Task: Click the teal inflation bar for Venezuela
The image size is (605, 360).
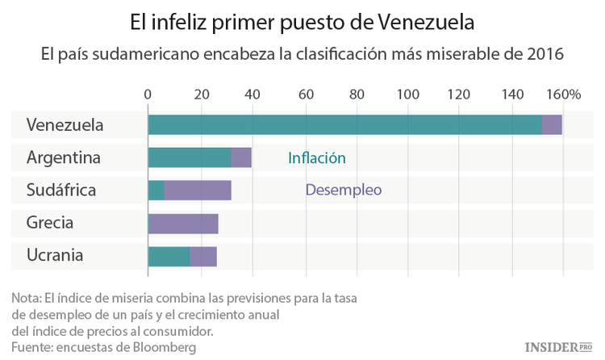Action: click(x=344, y=125)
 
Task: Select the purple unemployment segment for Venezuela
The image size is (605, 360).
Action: click(x=552, y=125)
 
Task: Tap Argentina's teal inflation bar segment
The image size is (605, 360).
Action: click(x=190, y=158)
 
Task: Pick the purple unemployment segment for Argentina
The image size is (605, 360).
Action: click(x=241, y=158)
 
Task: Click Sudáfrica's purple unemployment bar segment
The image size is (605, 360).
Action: click(x=198, y=190)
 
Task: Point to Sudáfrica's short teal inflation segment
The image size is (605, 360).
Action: click(x=156, y=190)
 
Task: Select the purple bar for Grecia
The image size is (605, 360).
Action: click(x=183, y=224)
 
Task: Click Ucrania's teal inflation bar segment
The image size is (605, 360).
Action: click(x=169, y=256)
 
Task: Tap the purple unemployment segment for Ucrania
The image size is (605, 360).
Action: click(x=203, y=256)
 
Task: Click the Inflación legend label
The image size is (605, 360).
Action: click(x=317, y=158)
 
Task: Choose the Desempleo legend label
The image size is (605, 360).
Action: click(x=343, y=190)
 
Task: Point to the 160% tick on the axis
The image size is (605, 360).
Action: click(x=564, y=94)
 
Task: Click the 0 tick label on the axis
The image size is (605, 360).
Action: click(x=148, y=94)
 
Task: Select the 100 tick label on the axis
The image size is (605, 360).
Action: click(x=407, y=94)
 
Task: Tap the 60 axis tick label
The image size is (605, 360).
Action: click(x=306, y=94)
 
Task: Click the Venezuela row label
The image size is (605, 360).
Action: click(x=65, y=125)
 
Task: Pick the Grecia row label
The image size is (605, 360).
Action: click(x=50, y=223)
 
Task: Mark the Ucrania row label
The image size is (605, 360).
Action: click(x=55, y=255)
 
